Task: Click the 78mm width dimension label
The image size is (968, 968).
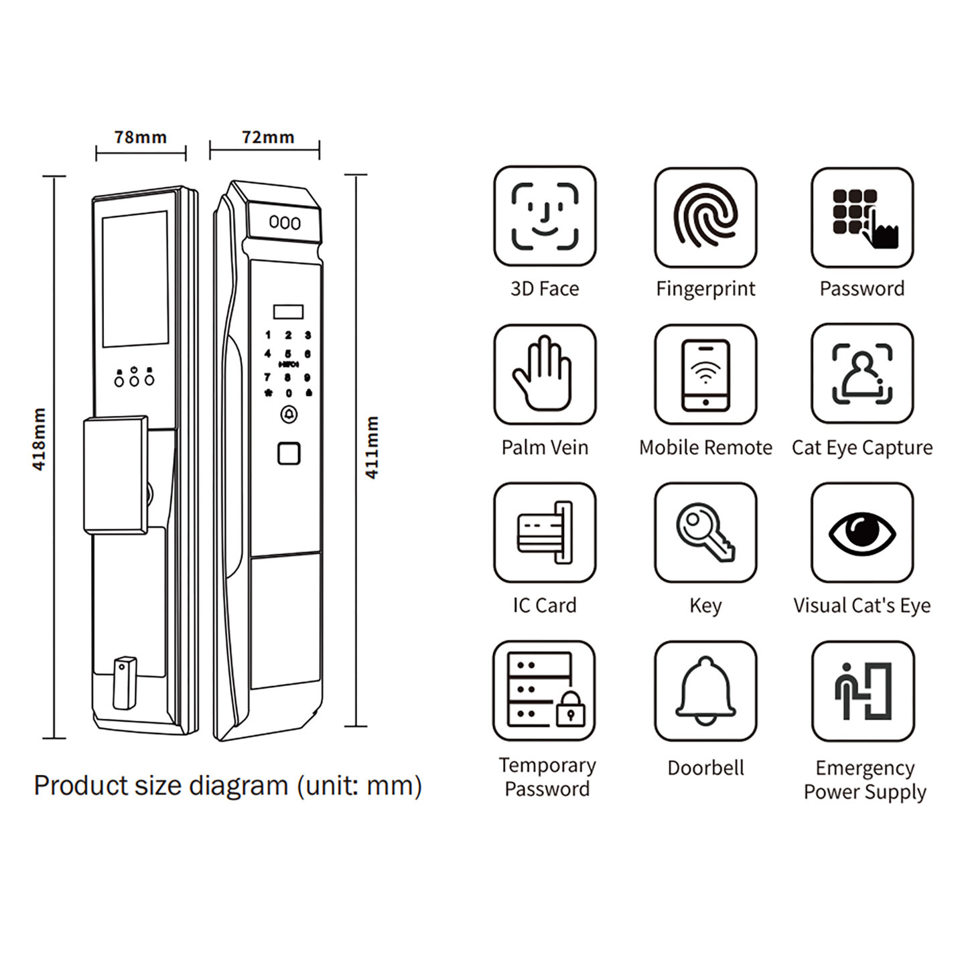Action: (x=140, y=137)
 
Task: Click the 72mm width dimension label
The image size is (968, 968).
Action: (x=268, y=137)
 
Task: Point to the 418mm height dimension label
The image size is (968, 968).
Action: (x=39, y=439)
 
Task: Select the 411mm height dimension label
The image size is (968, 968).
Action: (x=372, y=447)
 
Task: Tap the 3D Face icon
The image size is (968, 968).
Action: (x=545, y=216)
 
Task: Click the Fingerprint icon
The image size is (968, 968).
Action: (x=705, y=216)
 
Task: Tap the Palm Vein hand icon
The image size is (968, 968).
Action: (x=545, y=374)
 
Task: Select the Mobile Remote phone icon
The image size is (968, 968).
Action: (x=705, y=374)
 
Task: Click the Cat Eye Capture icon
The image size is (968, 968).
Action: (x=862, y=374)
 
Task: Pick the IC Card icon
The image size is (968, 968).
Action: (x=545, y=533)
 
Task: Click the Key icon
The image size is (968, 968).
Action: (x=705, y=533)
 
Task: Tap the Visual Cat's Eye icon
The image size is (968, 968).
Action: (x=862, y=533)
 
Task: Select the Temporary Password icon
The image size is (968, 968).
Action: (x=545, y=691)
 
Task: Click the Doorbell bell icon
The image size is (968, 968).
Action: (x=705, y=691)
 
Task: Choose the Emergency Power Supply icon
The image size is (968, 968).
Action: (x=863, y=691)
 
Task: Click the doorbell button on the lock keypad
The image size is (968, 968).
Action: (x=289, y=415)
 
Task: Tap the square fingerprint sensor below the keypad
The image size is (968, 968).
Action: (x=289, y=454)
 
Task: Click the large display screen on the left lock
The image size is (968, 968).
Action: (x=135, y=279)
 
